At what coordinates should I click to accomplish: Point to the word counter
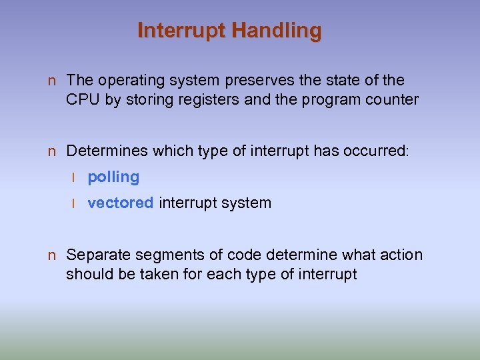(x=392, y=100)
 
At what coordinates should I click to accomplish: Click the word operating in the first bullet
(x=129, y=81)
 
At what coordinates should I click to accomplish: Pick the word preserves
(x=250, y=81)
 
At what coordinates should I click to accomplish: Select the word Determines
(x=106, y=151)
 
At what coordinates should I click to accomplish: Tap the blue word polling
(x=113, y=177)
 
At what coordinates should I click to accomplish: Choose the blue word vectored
(x=121, y=203)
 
